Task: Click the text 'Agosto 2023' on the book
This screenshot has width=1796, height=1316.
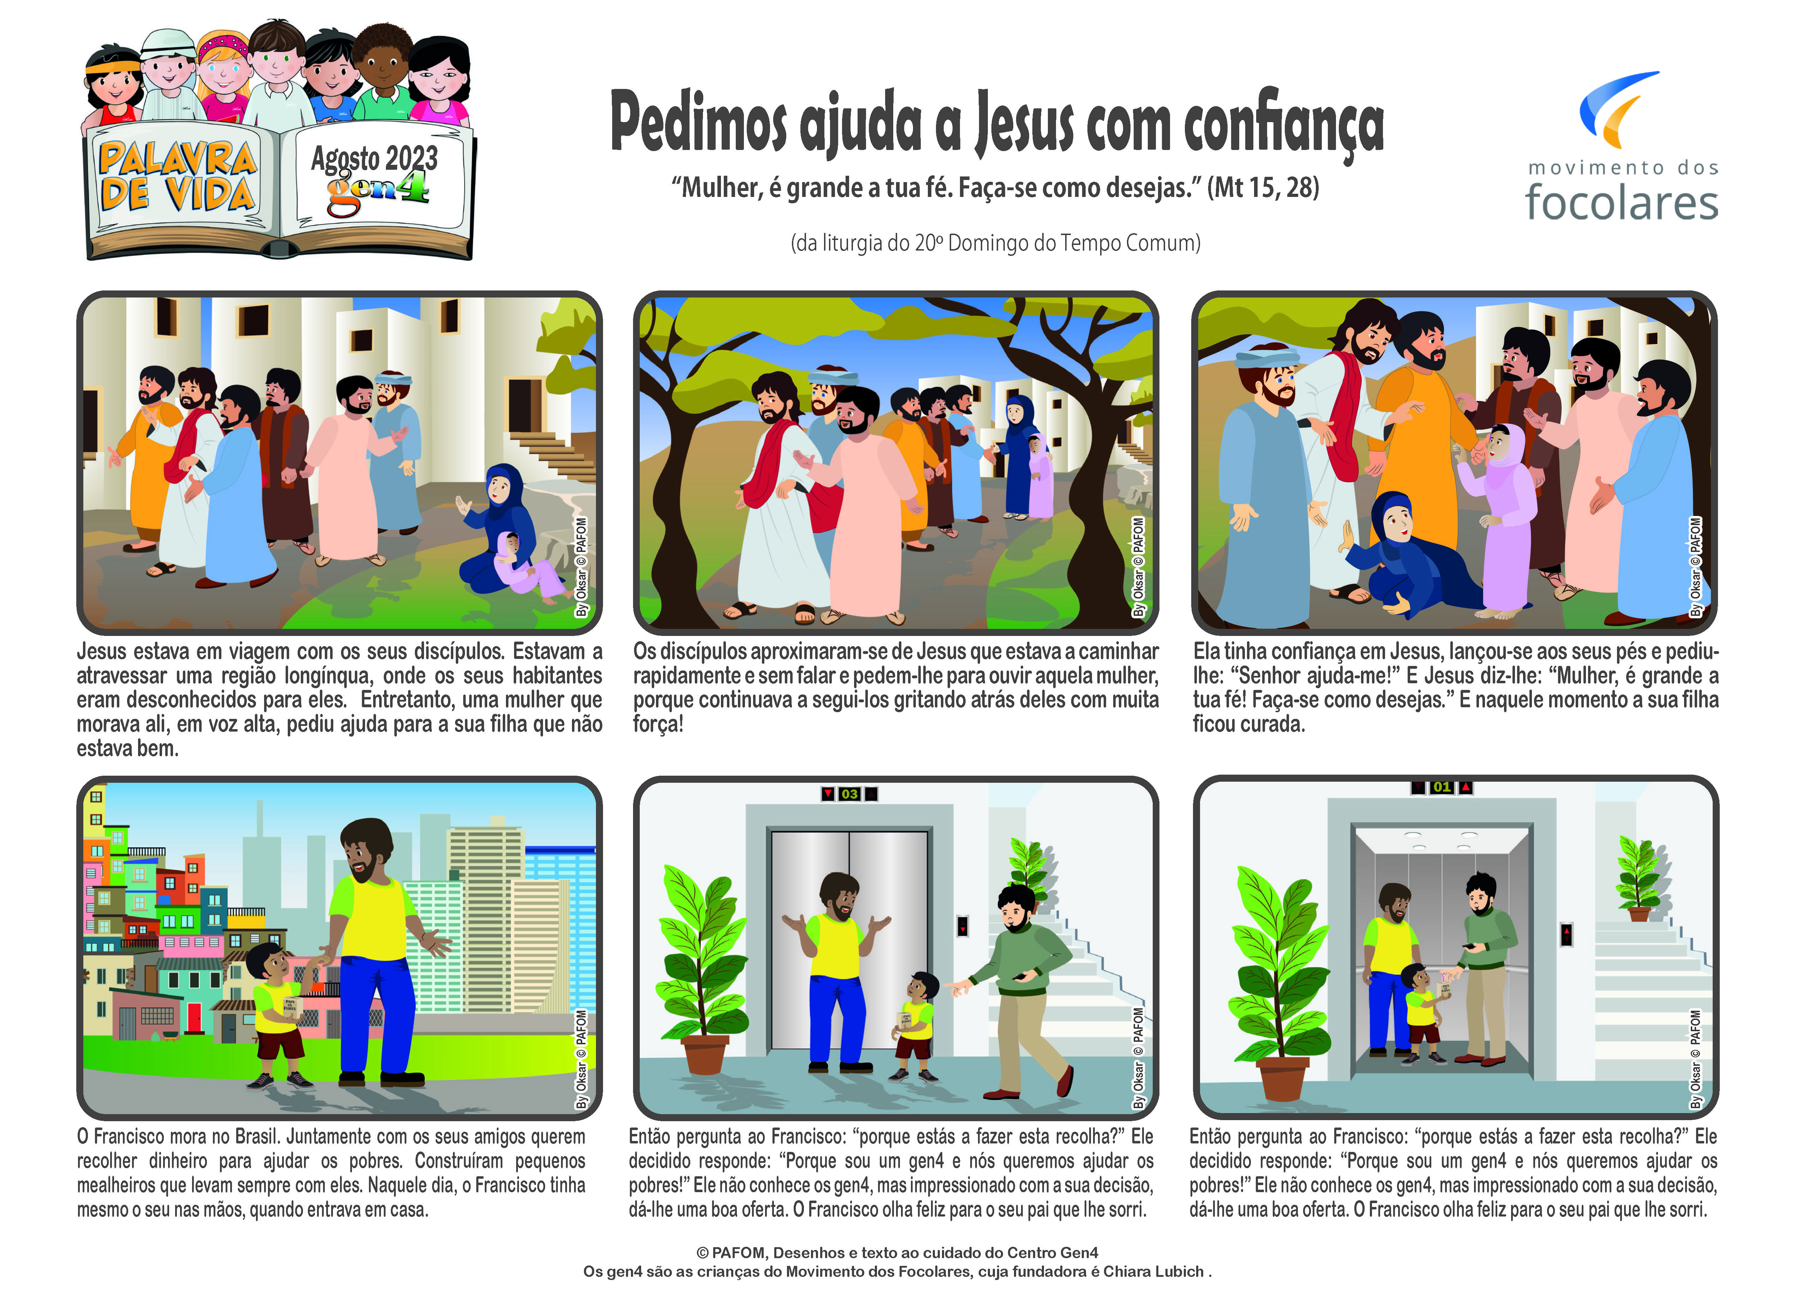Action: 375,158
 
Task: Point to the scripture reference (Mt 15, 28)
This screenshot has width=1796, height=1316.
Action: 1263,187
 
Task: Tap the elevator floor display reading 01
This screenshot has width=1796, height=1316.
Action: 1442,787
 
